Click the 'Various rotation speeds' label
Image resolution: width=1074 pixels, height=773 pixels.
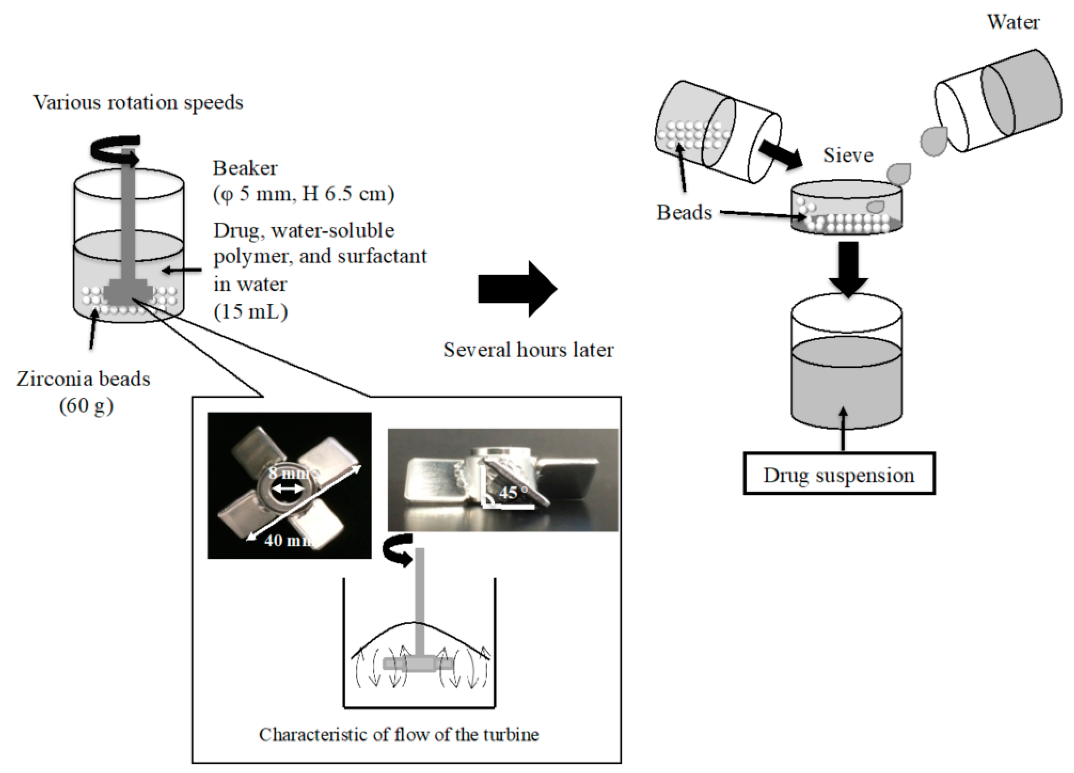[x=138, y=103]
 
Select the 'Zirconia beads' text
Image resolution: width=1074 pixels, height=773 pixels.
[x=83, y=379]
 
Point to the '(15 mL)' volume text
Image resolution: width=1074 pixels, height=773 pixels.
[x=251, y=312]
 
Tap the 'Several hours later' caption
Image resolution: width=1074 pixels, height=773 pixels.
[x=528, y=350]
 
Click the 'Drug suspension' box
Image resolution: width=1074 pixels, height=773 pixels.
[x=839, y=474]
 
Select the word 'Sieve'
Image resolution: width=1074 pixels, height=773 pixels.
[x=848, y=155]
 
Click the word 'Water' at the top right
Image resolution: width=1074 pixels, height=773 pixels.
[x=1013, y=22]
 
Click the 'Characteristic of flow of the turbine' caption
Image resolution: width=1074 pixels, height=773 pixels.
[x=399, y=735]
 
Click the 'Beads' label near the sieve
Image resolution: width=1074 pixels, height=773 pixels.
[x=684, y=213]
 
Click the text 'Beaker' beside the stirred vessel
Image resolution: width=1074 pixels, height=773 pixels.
[x=245, y=168]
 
